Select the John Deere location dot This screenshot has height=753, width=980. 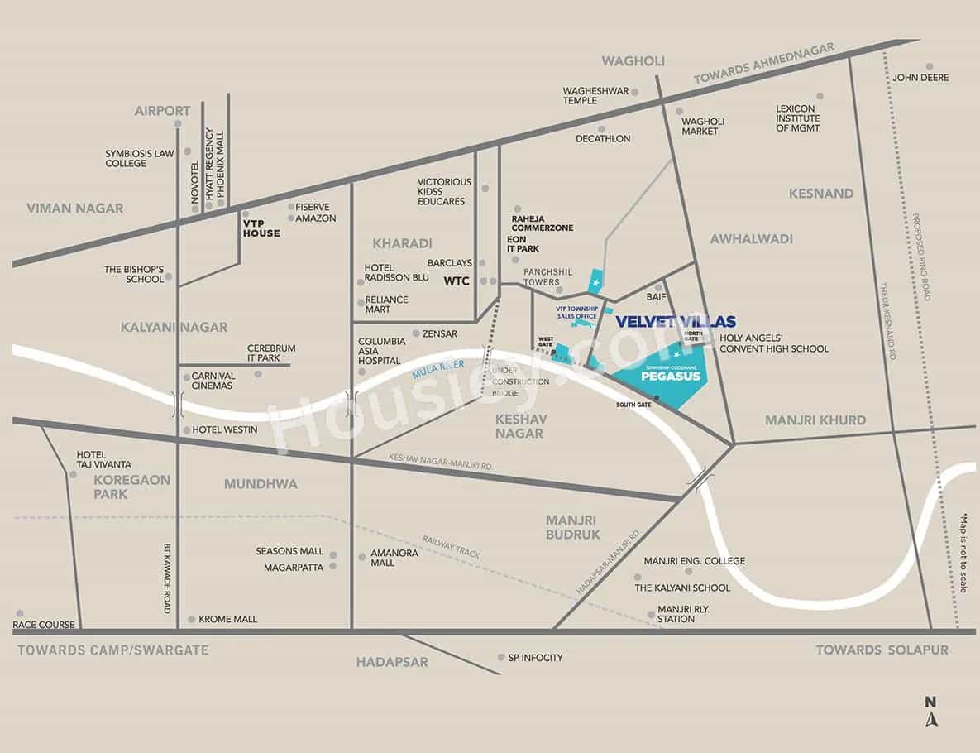click(x=930, y=66)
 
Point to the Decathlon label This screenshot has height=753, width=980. click(x=603, y=139)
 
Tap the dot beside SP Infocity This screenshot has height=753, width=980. click(x=501, y=658)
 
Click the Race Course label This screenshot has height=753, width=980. click(x=45, y=625)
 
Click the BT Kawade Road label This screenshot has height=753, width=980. click(x=168, y=578)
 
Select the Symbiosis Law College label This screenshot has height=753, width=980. click(x=139, y=158)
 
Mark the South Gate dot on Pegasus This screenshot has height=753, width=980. click(x=657, y=399)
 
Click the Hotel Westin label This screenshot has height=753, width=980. click(x=225, y=429)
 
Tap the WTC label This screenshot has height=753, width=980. click(x=457, y=281)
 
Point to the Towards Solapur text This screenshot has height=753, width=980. click(x=882, y=650)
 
